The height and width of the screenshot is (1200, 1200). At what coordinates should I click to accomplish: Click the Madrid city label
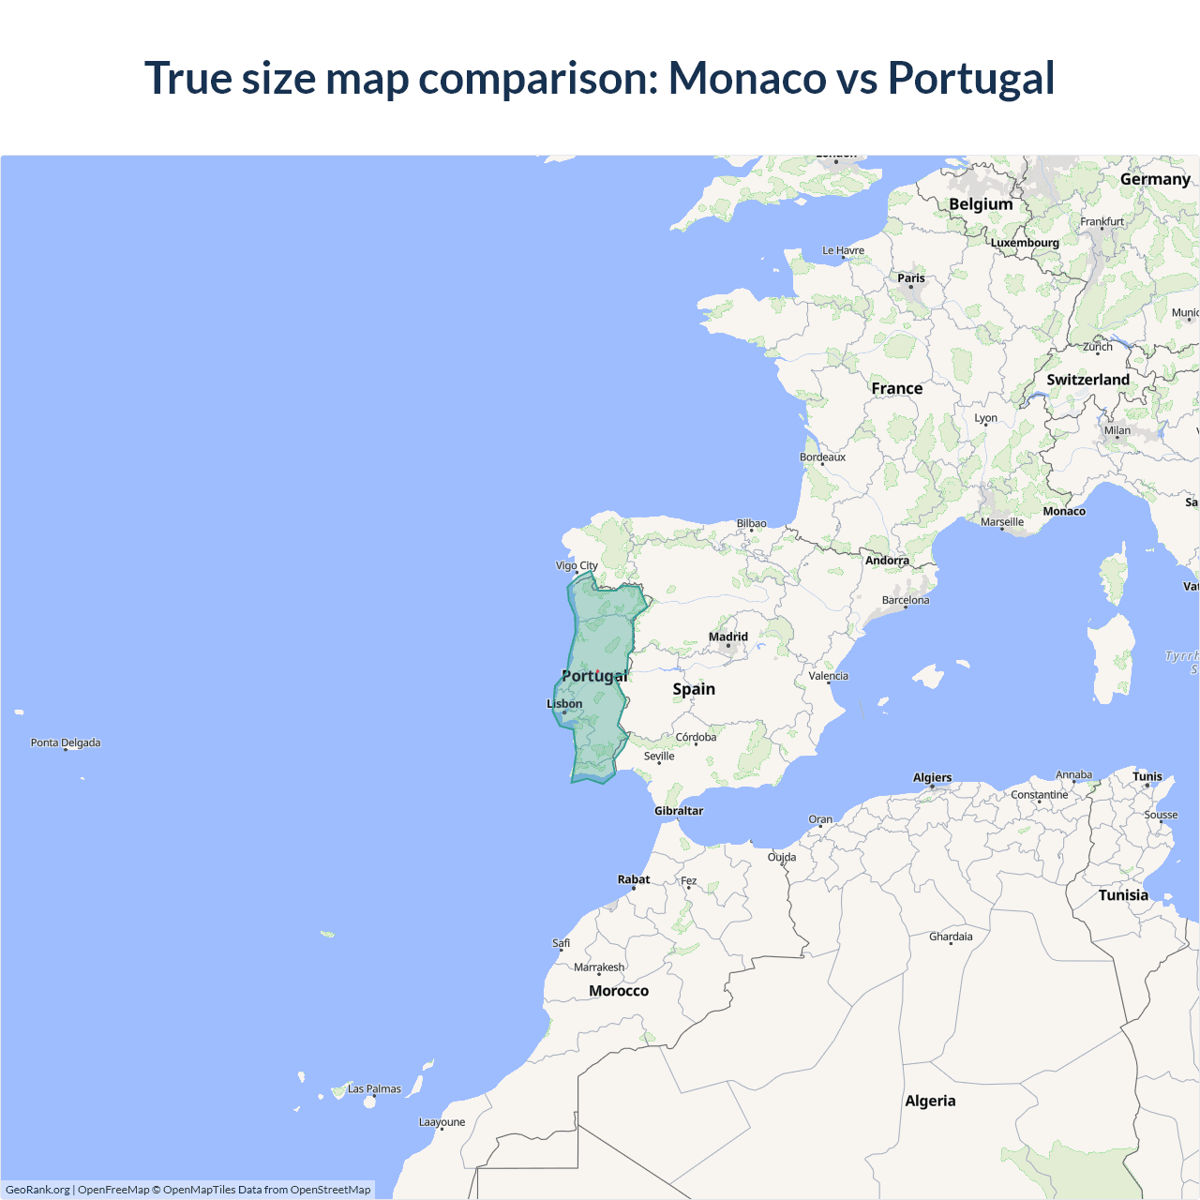(728, 637)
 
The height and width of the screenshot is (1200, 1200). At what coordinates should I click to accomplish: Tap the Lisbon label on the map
(564, 704)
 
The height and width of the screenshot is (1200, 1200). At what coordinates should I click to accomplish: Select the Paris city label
(911, 278)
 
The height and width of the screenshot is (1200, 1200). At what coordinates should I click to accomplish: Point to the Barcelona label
(906, 600)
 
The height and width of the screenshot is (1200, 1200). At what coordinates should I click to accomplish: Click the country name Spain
(694, 689)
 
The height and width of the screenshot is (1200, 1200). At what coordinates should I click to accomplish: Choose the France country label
(897, 388)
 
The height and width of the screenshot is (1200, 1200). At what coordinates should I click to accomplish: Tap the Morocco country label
(619, 991)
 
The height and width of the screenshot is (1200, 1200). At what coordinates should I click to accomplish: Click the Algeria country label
(930, 1101)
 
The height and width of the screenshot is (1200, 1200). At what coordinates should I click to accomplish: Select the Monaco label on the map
(1064, 511)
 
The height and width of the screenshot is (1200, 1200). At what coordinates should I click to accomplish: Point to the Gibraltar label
(679, 811)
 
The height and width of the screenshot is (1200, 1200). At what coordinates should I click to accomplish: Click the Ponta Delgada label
(66, 742)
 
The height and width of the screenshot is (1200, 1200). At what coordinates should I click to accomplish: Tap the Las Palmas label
(374, 1088)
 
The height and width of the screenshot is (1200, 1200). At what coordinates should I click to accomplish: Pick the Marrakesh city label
(599, 967)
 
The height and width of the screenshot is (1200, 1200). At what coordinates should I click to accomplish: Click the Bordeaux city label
(822, 457)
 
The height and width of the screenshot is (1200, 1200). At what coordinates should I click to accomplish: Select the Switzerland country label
(1087, 380)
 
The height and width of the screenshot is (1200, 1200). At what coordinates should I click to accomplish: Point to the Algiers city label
(932, 777)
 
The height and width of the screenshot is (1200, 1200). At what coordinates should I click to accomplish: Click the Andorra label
(887, 561)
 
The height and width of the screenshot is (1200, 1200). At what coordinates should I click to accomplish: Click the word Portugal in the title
(971, 78)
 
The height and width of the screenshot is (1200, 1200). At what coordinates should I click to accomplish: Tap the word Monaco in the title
(747, 78)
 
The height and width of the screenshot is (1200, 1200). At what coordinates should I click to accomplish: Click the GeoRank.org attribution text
(37, 1190)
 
